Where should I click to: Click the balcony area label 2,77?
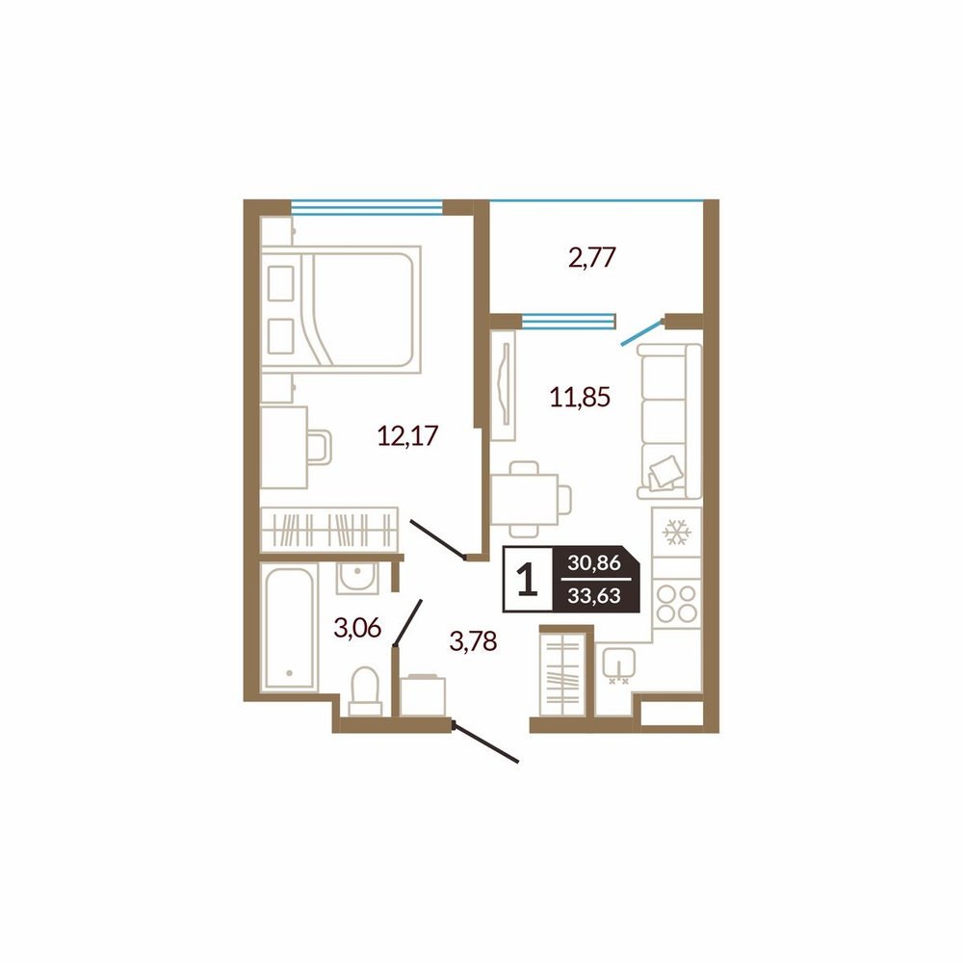click(592, 257)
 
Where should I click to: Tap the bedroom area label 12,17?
click(407, 435)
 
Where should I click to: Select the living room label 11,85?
click(580, 398)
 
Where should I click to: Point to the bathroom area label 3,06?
click(357, 628)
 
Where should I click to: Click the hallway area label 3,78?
click(473, 641)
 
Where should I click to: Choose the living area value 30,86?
click(594, 562)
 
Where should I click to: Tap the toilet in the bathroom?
click(365, 691)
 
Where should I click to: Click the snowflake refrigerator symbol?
click(677, 532)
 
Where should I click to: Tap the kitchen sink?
click(619, 666)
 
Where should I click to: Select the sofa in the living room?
click(669, 422)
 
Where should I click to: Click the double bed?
click(342, 309)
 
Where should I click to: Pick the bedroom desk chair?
click(320, 447)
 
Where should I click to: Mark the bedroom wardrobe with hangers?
click(329, 529)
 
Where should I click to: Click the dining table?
click(524, 498)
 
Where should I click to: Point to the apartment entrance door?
click(485, 743)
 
